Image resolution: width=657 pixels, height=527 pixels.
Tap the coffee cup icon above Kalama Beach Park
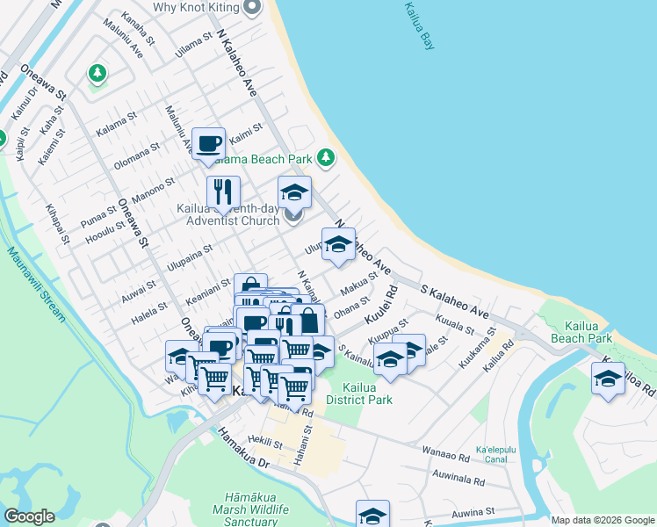[x=208, y=143]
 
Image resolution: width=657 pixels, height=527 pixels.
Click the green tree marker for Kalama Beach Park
[x=326, y=158]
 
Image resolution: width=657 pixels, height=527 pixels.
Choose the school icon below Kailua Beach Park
[x=608, y=379]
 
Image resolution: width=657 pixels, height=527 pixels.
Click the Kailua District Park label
[x=357, y=393]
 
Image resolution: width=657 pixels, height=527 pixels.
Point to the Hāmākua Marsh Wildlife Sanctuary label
[x=239, y=509]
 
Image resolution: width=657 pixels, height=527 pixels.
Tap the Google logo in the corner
[x=29, y=516]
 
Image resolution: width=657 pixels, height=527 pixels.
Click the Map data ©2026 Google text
[x=602, y=520]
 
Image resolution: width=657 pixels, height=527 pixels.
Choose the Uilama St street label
[x=195, y=46]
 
